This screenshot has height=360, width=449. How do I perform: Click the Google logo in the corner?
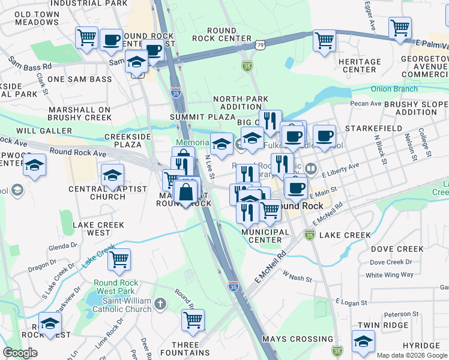20,353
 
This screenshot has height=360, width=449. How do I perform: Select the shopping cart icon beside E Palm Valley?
399,28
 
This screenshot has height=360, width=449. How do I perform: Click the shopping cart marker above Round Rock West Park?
119,259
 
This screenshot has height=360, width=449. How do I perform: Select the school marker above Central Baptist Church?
112,175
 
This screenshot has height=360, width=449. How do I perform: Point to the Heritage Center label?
360,65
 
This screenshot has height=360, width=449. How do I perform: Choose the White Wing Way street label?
390,275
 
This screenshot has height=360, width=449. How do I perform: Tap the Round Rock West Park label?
116,287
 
